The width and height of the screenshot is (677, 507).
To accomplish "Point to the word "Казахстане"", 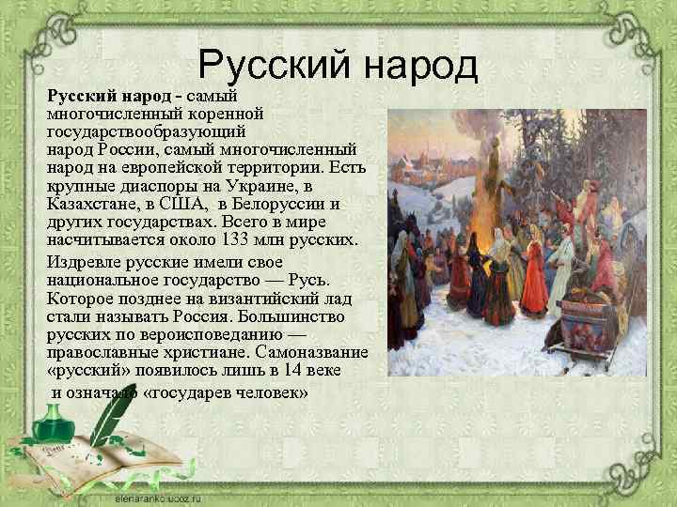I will tap(92, 204).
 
